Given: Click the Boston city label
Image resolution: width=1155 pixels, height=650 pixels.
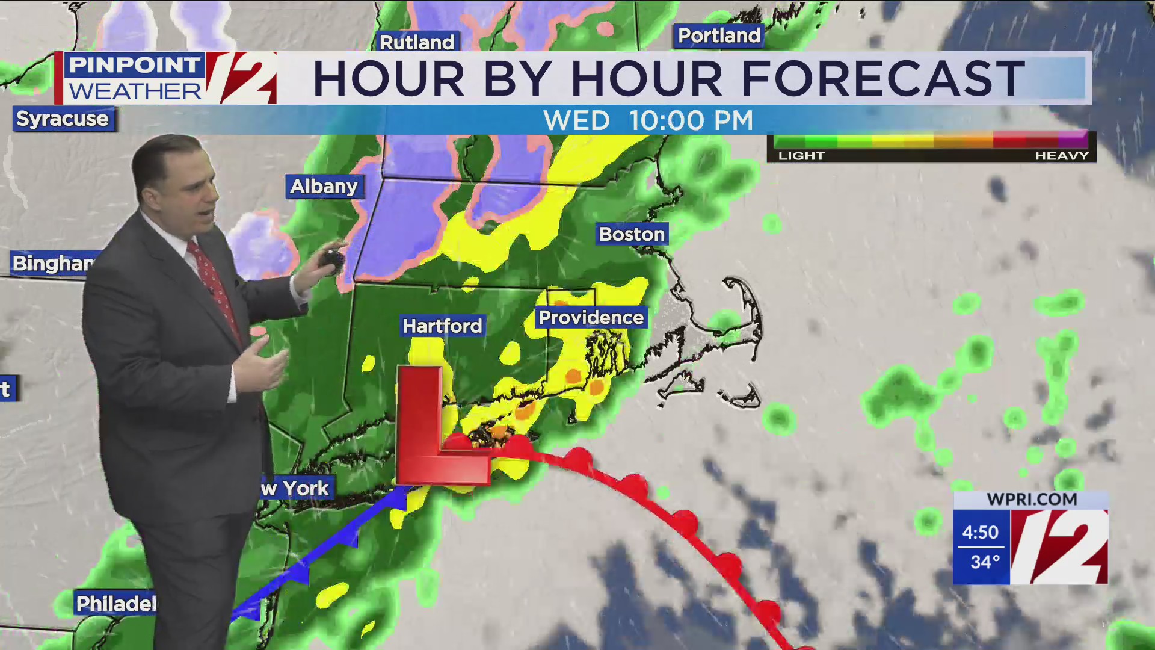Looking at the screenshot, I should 632,234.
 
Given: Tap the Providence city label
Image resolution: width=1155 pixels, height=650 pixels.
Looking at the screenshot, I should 591,318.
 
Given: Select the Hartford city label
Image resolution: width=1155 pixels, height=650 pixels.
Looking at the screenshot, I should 442,326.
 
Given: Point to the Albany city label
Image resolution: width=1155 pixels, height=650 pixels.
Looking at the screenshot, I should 324,187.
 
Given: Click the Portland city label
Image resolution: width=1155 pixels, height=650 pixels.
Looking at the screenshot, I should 719,36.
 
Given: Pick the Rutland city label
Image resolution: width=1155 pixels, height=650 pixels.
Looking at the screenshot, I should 417,42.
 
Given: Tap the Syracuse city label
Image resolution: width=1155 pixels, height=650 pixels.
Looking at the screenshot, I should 63,119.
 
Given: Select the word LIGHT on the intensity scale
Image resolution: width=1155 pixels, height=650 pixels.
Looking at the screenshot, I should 801,156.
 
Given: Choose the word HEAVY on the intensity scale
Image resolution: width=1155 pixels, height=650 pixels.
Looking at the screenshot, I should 1062,156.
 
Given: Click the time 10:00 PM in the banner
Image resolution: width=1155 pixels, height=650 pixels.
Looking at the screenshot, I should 691,120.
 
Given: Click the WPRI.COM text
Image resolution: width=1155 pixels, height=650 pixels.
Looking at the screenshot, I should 1032,500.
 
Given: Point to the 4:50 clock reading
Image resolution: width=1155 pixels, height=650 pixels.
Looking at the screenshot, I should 980,532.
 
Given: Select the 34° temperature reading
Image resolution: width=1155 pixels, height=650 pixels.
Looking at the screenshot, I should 985,562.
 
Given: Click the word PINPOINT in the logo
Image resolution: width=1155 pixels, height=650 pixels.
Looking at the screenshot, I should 134,65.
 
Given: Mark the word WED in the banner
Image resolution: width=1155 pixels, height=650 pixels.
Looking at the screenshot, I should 576,120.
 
